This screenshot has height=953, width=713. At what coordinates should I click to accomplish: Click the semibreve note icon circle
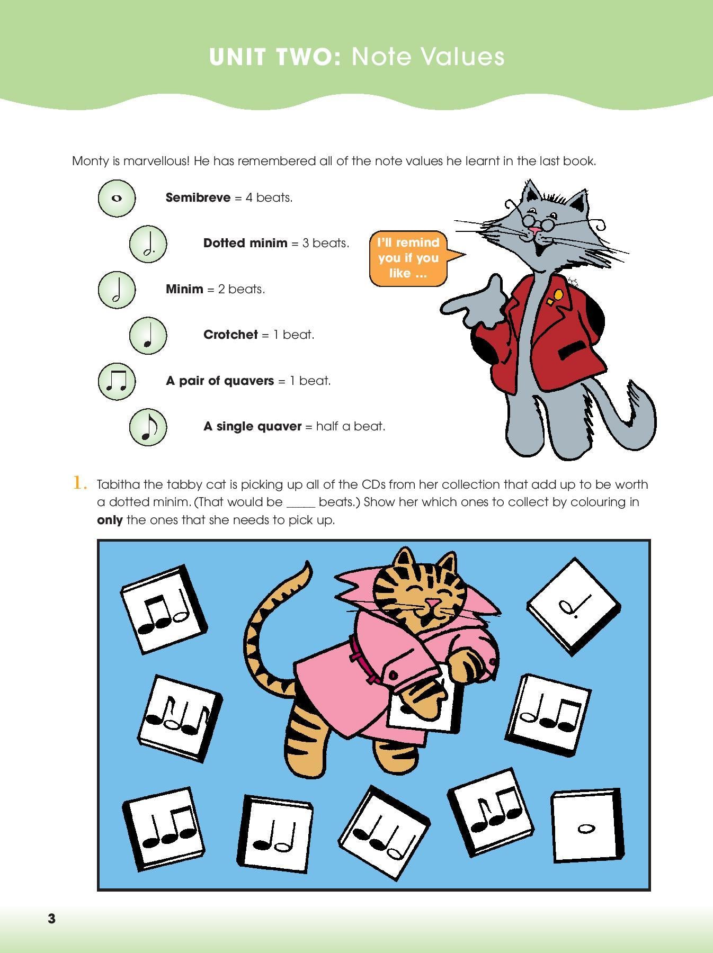pyautogui.click(x=117, y=198)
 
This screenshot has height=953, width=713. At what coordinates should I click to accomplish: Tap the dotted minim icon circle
pyautogui.click(x=148, y=244)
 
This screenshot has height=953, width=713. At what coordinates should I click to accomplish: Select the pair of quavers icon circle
pyautogui.click(x=117, y=381)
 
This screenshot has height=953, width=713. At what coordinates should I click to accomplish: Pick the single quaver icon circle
pyautogui.click(x=148, y=426)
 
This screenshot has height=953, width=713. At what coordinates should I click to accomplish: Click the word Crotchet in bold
pyautogui.click(x=230, y=335)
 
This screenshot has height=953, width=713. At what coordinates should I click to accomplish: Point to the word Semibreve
pyautogui.click(x=198, y=197)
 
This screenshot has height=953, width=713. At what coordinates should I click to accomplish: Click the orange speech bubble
pyautogui.click(x=408, y=258)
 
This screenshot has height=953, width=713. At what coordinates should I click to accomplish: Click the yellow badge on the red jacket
pyautogui.click(x=558, y=294)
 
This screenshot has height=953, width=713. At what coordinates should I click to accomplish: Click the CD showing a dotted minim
pyautogui.click(x=574, y=605)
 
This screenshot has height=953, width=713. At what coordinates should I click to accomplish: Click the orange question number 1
pyautogui.click(x=79, y=483)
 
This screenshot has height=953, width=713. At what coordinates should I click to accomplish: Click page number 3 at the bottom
pyautogui.click(x=51, y=919)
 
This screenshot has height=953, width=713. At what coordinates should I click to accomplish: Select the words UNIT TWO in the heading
pyautogui.click(x=275, y=57)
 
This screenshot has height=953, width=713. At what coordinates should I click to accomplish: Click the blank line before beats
pyautogui.click(x=301, y=503)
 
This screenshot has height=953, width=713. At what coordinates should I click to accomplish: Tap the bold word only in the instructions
pyautogui.click(x=110, y=520)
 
